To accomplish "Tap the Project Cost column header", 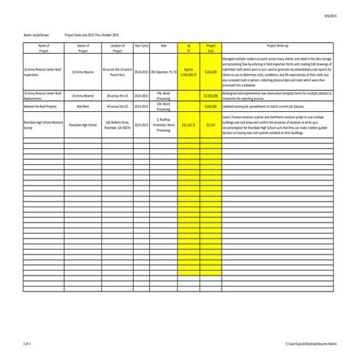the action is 211,48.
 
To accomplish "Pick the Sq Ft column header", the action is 188,48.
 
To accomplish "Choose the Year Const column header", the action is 142,45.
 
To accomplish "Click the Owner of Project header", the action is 82,48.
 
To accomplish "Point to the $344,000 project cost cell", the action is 211,72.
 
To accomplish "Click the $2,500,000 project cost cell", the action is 211,95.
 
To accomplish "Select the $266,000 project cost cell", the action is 211,106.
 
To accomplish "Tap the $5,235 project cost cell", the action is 211,125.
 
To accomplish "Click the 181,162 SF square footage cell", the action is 188,125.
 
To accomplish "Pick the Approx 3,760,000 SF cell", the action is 188,72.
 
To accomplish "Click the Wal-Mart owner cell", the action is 82,106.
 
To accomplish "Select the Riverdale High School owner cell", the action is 82,125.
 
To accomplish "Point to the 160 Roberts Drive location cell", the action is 117,125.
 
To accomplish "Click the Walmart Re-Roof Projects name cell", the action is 40,106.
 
